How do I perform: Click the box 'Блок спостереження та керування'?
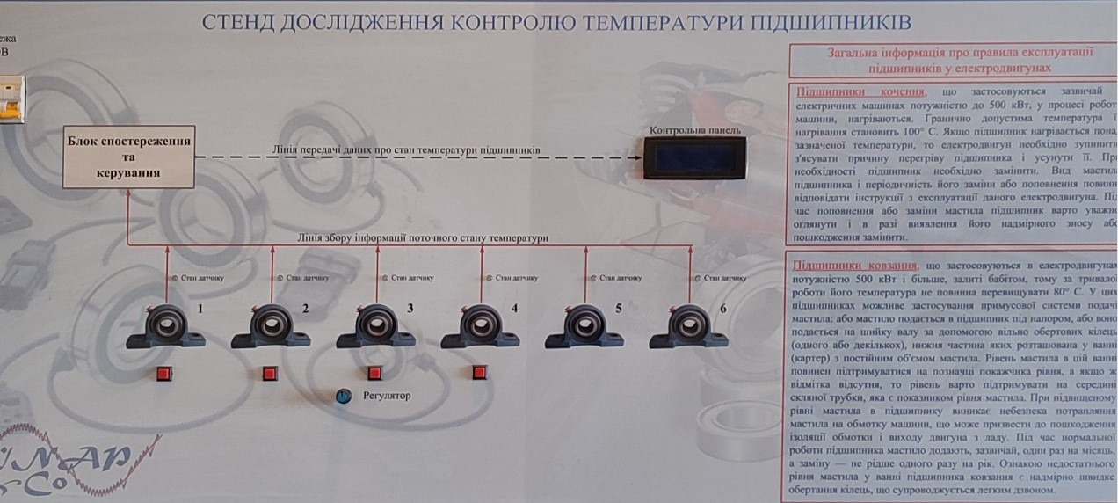click(x=128, y=157)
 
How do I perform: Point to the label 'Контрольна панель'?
click(x=694, y=130)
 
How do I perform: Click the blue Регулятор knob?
click(x=343, y=397)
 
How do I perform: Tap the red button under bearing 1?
click(x=163, y=374)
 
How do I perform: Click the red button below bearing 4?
click(x=479, y=372)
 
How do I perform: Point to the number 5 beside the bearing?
click(x=619, y=309)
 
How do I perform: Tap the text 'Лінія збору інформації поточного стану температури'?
click(x=422, y=237)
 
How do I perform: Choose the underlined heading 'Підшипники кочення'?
click(x=860, y=92)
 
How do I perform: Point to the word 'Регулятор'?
click(x=387, y=396)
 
